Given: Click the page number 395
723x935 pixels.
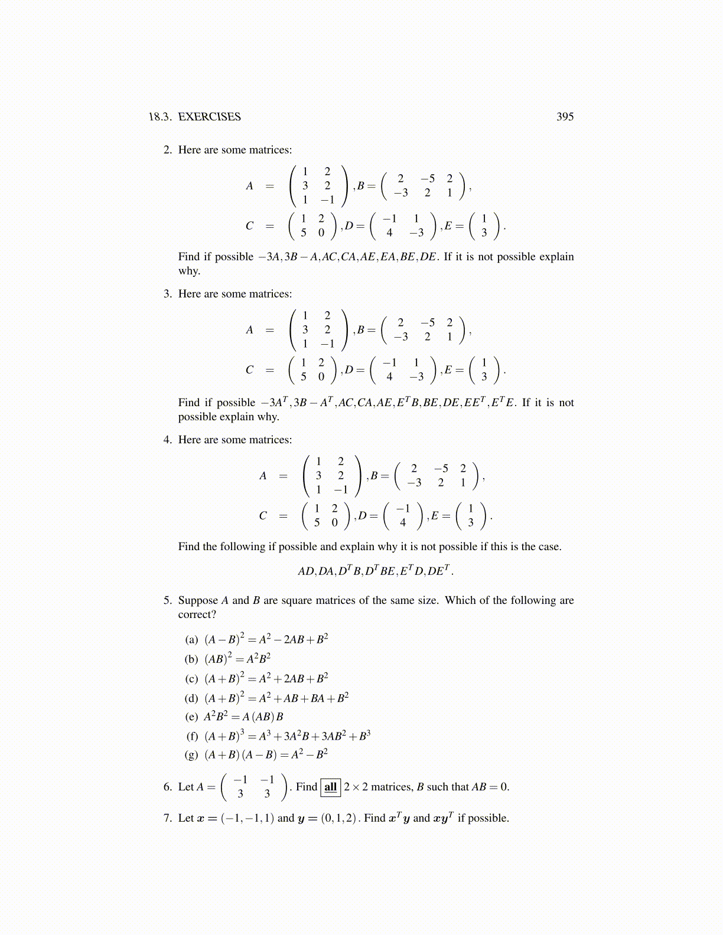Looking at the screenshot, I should [565, 117].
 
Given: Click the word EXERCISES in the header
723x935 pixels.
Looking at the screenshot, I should [209, 117].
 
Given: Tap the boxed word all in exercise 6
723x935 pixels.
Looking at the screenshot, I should [331, 787].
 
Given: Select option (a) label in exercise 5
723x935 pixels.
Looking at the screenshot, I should [191, 640].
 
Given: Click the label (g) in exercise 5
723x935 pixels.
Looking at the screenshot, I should [191, 754].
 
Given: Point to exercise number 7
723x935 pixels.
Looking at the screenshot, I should [168, 818].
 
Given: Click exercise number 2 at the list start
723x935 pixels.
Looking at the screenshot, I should [168, 150].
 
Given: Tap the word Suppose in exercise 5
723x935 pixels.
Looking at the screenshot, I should [198, 600].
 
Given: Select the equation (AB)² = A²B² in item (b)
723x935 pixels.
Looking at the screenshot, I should [237, 659].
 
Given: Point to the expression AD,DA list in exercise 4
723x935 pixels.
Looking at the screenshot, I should [376, 571].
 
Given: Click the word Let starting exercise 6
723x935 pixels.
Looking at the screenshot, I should [186, 787].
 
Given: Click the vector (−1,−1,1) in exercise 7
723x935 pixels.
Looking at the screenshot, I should [247, 818].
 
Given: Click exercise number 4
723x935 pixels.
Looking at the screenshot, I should [168, 440].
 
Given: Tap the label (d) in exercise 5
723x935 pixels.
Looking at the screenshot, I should [191, 698].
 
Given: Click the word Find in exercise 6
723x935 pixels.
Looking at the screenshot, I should [306, 787].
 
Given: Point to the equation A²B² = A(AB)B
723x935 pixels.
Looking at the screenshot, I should [243, 717].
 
